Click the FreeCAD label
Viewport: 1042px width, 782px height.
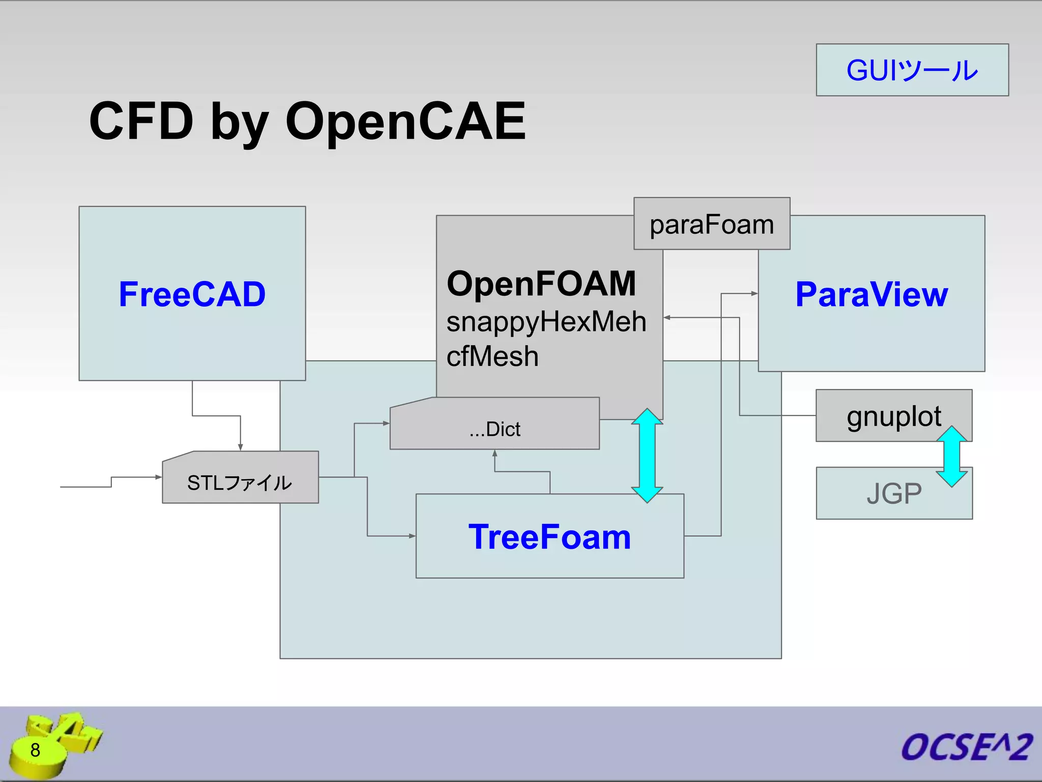click(x=192, y=294)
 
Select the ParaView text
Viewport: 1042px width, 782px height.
click(x=871, y=294)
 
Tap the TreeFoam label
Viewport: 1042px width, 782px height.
click(x=549, y=537)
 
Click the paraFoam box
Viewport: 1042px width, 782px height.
click(x=711, y=224)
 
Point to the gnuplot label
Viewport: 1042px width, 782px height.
click(x=893, y=416)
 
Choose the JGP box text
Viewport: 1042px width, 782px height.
click(x=893, y=493)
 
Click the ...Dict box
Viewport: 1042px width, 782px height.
click(x=495, y=429)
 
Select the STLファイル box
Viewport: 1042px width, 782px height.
click(x=240, y=482)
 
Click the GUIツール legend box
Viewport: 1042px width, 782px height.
click(x=912, y=70)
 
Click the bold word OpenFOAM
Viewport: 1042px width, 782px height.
click(x=541, y=284)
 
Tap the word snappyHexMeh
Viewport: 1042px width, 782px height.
click(x=546, y=322)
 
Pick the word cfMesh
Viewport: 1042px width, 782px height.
click(x=492, y=356)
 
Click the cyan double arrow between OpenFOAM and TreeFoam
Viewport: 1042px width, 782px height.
click(x=647, y=456)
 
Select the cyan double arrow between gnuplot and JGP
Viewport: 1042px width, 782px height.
click(x=951, y=457)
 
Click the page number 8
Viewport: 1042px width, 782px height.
click(x=35, y=750)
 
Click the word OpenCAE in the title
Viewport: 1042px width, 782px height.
click(x=405, y=121)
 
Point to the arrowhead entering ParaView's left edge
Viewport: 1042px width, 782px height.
click(x=755, y=293)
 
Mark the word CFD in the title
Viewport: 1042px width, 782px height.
click(x=141, y=121)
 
